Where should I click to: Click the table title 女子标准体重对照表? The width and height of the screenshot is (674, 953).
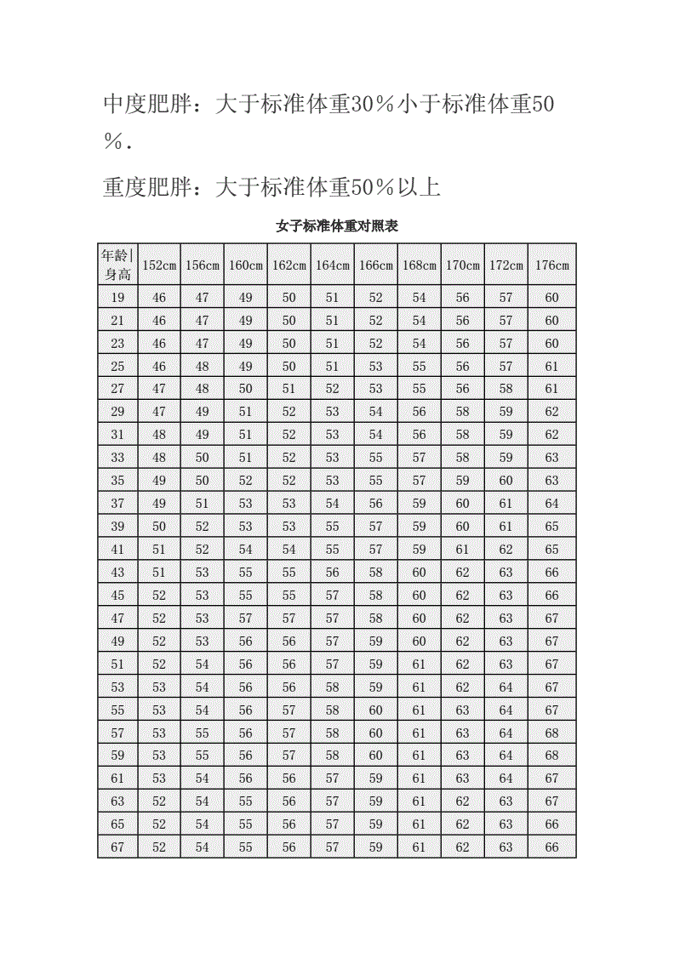(x=337, y=226)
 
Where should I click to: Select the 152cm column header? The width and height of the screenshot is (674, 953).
(x=159, y=265)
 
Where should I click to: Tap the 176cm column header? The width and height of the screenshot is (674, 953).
(x=551, y=265)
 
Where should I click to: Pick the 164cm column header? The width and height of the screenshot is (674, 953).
(x=333, y=265)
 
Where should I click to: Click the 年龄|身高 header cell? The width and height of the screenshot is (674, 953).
(x=117, y=265)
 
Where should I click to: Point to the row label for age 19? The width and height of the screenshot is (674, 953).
(x=117, y=298)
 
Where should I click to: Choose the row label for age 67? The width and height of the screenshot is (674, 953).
(x=117, y=847)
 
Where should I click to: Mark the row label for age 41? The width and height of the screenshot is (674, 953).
(x=117, y=550)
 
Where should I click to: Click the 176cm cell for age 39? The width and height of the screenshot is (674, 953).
(x=551, y=527)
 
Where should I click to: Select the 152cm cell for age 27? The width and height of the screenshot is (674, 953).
(x=159, y=389)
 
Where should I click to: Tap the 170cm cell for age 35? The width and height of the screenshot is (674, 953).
(x=462, y=481)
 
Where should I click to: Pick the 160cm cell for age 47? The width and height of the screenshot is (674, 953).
(x=246, y=618)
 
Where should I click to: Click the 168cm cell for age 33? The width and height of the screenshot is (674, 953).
(x=420, y=458)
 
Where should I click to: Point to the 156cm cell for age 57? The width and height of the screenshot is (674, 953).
(x=203, y=733)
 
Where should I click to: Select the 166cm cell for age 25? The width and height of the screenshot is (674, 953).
(x=375, y=366)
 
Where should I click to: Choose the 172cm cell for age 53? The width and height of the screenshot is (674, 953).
(x=506, y=687)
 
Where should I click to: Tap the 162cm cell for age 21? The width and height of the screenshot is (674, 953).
(x=289, y=321)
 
